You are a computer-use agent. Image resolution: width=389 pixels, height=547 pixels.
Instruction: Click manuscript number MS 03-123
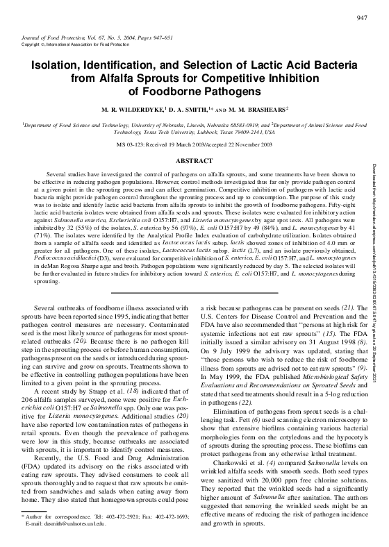click(x=131, y=144)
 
